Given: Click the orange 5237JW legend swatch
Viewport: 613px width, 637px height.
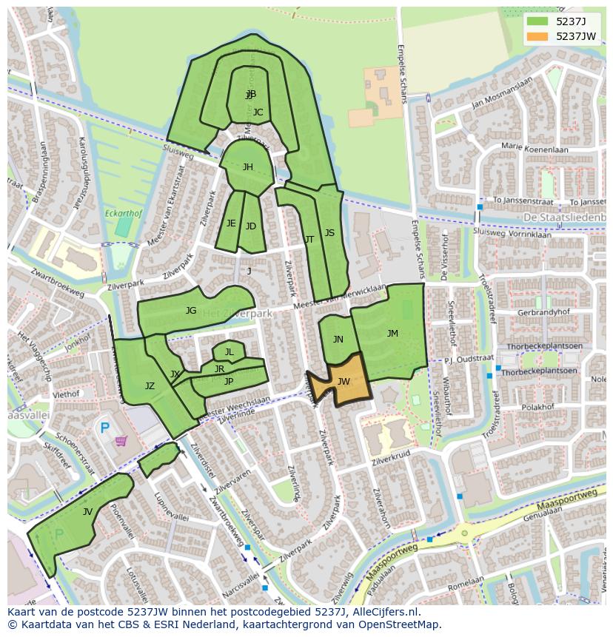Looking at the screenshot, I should pos(537,36).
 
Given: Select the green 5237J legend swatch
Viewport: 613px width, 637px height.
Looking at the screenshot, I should pos(537,21).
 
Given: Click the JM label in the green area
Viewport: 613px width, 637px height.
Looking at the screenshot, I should pos(392,334).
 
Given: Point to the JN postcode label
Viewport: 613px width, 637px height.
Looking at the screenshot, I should pos(338,340).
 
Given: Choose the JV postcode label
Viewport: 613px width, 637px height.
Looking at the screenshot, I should pos(87,511).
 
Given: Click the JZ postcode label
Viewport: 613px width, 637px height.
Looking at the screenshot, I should pos(150,386).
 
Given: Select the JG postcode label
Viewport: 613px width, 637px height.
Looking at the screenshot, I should pos(191,311).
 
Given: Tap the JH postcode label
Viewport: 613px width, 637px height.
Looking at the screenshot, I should pos(247,167).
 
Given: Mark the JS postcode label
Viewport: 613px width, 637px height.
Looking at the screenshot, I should pos(329,233).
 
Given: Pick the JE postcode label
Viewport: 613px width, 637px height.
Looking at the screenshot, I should pos(231,223).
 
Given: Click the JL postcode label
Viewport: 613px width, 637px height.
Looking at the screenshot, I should pos(229,352).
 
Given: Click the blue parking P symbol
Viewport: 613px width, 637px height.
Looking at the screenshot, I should pos(104,428).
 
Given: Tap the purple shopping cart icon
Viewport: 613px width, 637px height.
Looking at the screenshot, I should pos(121,442).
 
